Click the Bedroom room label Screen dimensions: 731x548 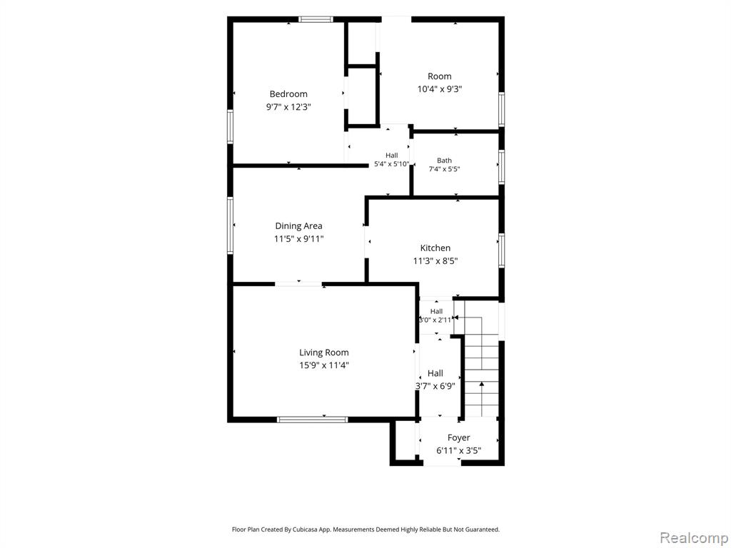pyautogui.click(x=288, y=94)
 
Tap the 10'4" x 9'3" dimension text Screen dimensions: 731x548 pyautogui.click(x=440, y=89)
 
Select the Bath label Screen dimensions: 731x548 pyautogui.click(x=444, y=161)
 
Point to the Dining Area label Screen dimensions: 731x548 pyautogui.click(x=298, y=226)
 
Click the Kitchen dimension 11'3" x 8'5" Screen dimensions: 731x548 pyautogui.click(x=435, y=261)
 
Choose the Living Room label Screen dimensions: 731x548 pyautogui.click(x=324, y=352)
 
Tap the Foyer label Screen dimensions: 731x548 pyautogui.click(x=459, y=438)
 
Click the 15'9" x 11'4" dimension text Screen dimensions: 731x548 pyautogui.click(x=324, y=365)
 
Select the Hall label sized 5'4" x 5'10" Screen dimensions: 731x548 pyautogui.click(x=392, y=155)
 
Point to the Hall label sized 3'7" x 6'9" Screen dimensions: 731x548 pyautogui.click(x=435, y=373)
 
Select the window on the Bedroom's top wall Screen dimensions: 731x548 pyautogui.click(x=316, y=19)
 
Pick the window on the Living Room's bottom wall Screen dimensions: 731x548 pyautogui.click(x=313, y=420)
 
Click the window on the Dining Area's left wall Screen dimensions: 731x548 pyautogui.click(x=231, y=225)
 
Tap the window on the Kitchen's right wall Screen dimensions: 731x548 pyautogui.click(x=502, y=250)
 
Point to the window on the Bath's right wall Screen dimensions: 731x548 pyautogui.click(x=502, y=167)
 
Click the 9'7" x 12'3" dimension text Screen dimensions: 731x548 pyautogui.click(x=288, y=107)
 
